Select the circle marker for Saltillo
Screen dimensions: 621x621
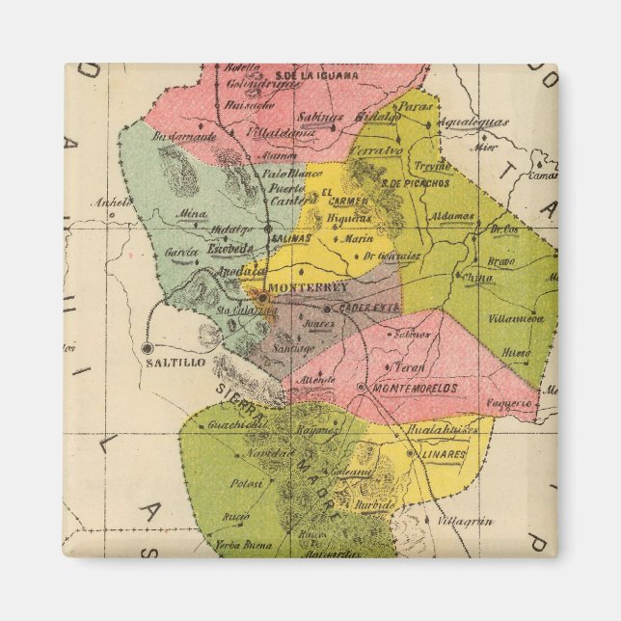pyautogui.click(x=147, y=347)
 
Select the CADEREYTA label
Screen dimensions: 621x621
pyautogui.click(x=367, y=308)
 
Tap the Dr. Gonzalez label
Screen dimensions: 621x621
pyautogui.click(x=391, y=256)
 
